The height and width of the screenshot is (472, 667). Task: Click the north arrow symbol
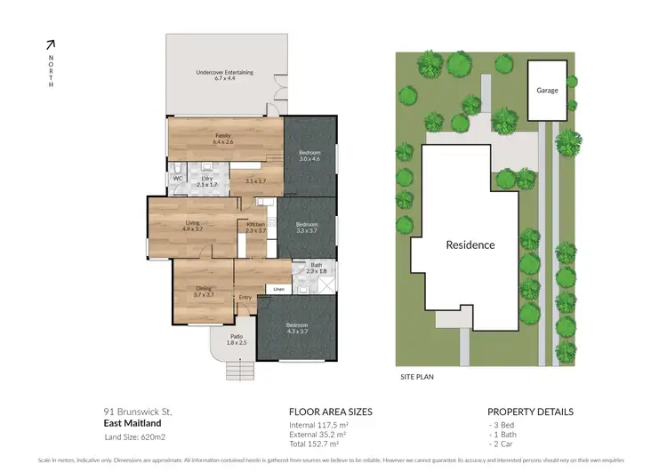click(51, 44)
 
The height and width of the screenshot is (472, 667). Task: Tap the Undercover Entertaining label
click(224, 72)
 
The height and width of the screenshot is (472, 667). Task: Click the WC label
click(177, 178)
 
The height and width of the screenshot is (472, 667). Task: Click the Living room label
click(192, 223)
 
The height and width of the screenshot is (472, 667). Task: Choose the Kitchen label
click(256, 224)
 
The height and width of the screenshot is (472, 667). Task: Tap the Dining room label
click(204, 288)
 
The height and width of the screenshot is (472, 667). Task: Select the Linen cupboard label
click(278, 289)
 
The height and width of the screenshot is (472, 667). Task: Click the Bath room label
click(316, 265)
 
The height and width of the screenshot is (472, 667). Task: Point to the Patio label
click(237, 337)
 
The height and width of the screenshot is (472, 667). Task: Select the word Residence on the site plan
click(470, 244)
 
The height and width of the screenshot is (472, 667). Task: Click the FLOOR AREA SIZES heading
click(331, 412)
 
